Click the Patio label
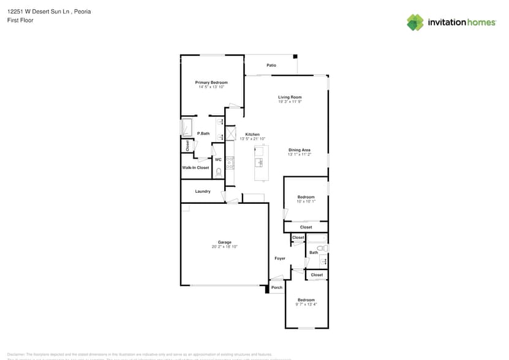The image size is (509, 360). pyautogui.click(x=271, y=66)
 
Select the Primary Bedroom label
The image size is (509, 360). pyautogui.click(x=211, y=83)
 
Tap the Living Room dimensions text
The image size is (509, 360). pyautogui.click(x=290, y=102)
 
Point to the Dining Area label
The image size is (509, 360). pyautogui.click(x=300, y=150)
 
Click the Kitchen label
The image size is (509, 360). pyautogui.click(x=252, y=135)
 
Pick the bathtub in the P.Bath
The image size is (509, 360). pyautogui.click(x=187, y=127)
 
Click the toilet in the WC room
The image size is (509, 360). pyautogui.click(x=219, y=172)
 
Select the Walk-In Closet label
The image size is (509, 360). pyautogui.click(x=195, y=168)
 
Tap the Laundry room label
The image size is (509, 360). pyautogui.click(x=203, y=192)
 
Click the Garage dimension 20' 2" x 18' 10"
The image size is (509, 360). pyautogui.click(x=224, y=247)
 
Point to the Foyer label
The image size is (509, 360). pyautogui.click(x=280, y=258)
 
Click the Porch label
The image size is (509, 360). pyautogui.click(x=277, y=288)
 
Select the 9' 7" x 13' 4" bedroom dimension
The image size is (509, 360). pyautogui.click(x=306, y=304)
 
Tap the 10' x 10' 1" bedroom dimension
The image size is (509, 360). pyautogui.click(x=306, y=201)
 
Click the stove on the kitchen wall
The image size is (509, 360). pyautogui.click(x=230, y=162)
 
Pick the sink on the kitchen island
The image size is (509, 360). pyautogui.click(x=260, y=163)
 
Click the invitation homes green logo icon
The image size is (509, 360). pyautogui.click(x=415, y=22)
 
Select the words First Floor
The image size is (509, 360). pyautogui.click(x=20, y=20)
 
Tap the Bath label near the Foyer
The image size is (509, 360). pyautogui.click(x=314, y=252)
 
